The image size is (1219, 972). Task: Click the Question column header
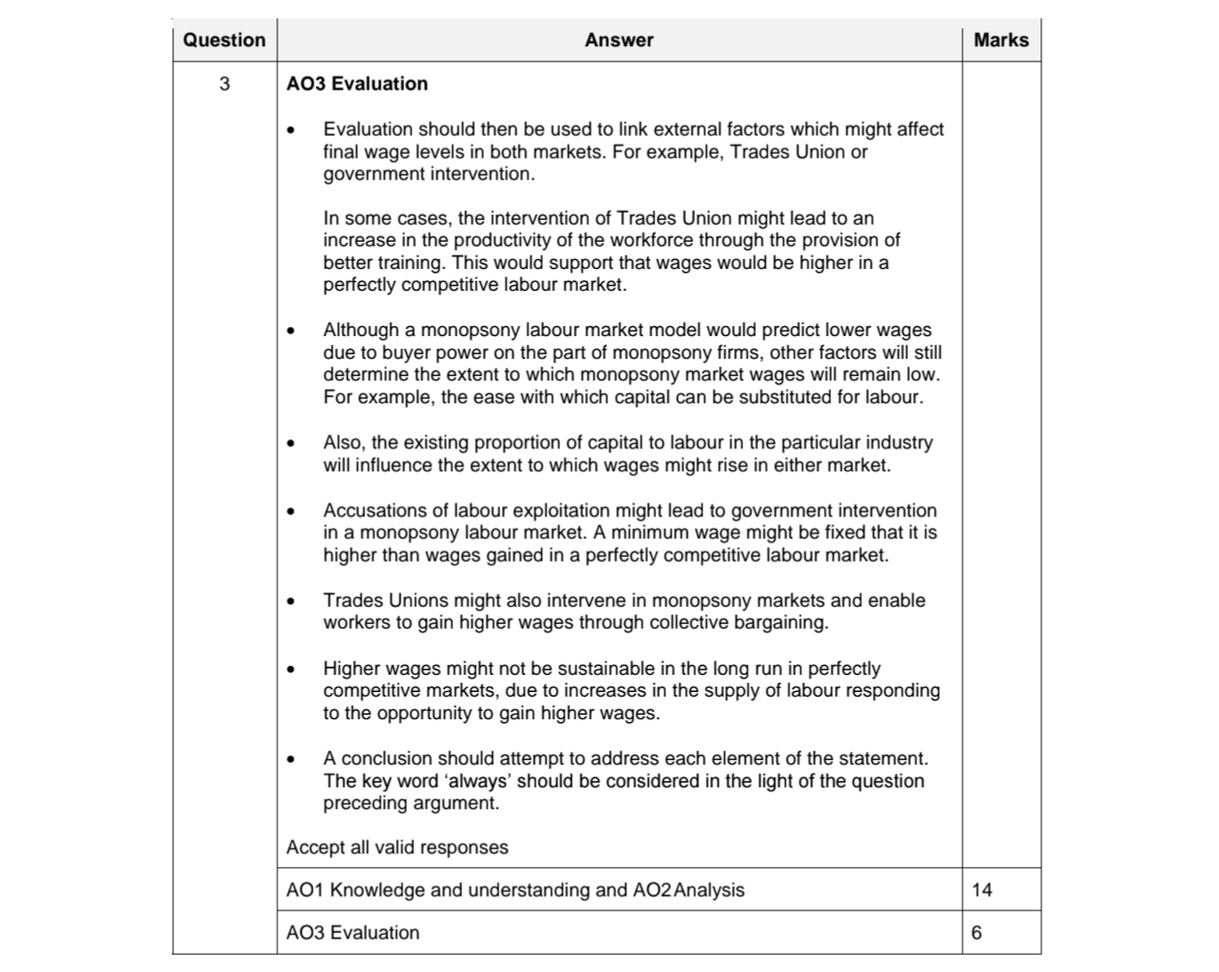(x=224, y=40)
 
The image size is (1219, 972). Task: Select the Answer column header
(x=619, y=40)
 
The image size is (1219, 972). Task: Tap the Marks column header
(x=1001, y=40)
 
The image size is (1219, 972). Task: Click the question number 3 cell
(x=224, y=84)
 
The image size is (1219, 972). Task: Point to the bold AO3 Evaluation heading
(x=357, y=83)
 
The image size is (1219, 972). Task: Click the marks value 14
(x=982, y=890)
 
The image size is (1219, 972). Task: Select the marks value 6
(x=976, y=932)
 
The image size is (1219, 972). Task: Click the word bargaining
(x=782, y=622)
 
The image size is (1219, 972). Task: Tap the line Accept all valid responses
(x=397, y=847)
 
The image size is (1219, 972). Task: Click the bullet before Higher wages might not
(x=290, y=669)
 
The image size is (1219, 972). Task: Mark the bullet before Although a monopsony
(x=290, y=331)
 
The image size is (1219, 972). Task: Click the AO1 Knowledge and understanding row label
(x=515, y=890)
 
